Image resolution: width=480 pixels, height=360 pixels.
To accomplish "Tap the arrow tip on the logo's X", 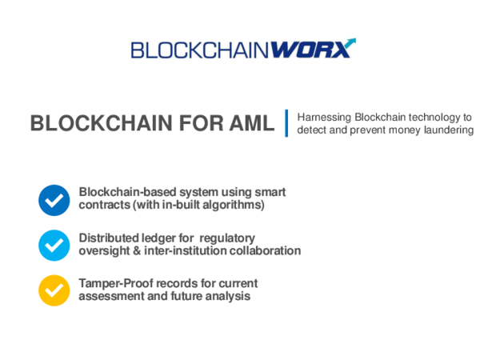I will pos(352,40).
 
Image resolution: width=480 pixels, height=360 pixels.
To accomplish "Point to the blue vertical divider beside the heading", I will pos(286,122).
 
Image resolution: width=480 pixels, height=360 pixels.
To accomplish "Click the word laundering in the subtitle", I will pos(447,130).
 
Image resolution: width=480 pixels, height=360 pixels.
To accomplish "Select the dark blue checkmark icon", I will pos(54,200).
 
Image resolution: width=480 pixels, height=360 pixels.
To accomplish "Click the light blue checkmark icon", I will pos(54,245).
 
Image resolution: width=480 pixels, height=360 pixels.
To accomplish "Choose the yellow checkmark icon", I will pos(54,290).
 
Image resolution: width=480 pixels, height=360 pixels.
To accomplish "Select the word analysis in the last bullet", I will pos(228,296).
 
